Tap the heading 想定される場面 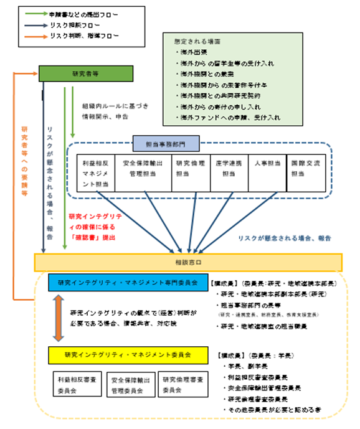pyautogui.click(x=196, y=40)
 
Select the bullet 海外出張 pyautogui.click(x=191, y=53)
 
